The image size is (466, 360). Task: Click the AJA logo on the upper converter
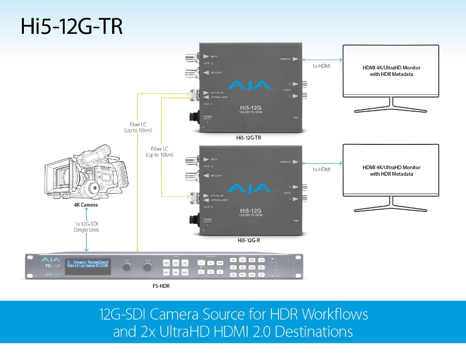pos(249,85)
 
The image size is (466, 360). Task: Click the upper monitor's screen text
pos(391,71)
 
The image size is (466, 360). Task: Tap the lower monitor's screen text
pos(391,171)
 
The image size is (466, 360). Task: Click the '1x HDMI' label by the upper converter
pos(322,67)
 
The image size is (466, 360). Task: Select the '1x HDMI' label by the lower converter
pos(322,169)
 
